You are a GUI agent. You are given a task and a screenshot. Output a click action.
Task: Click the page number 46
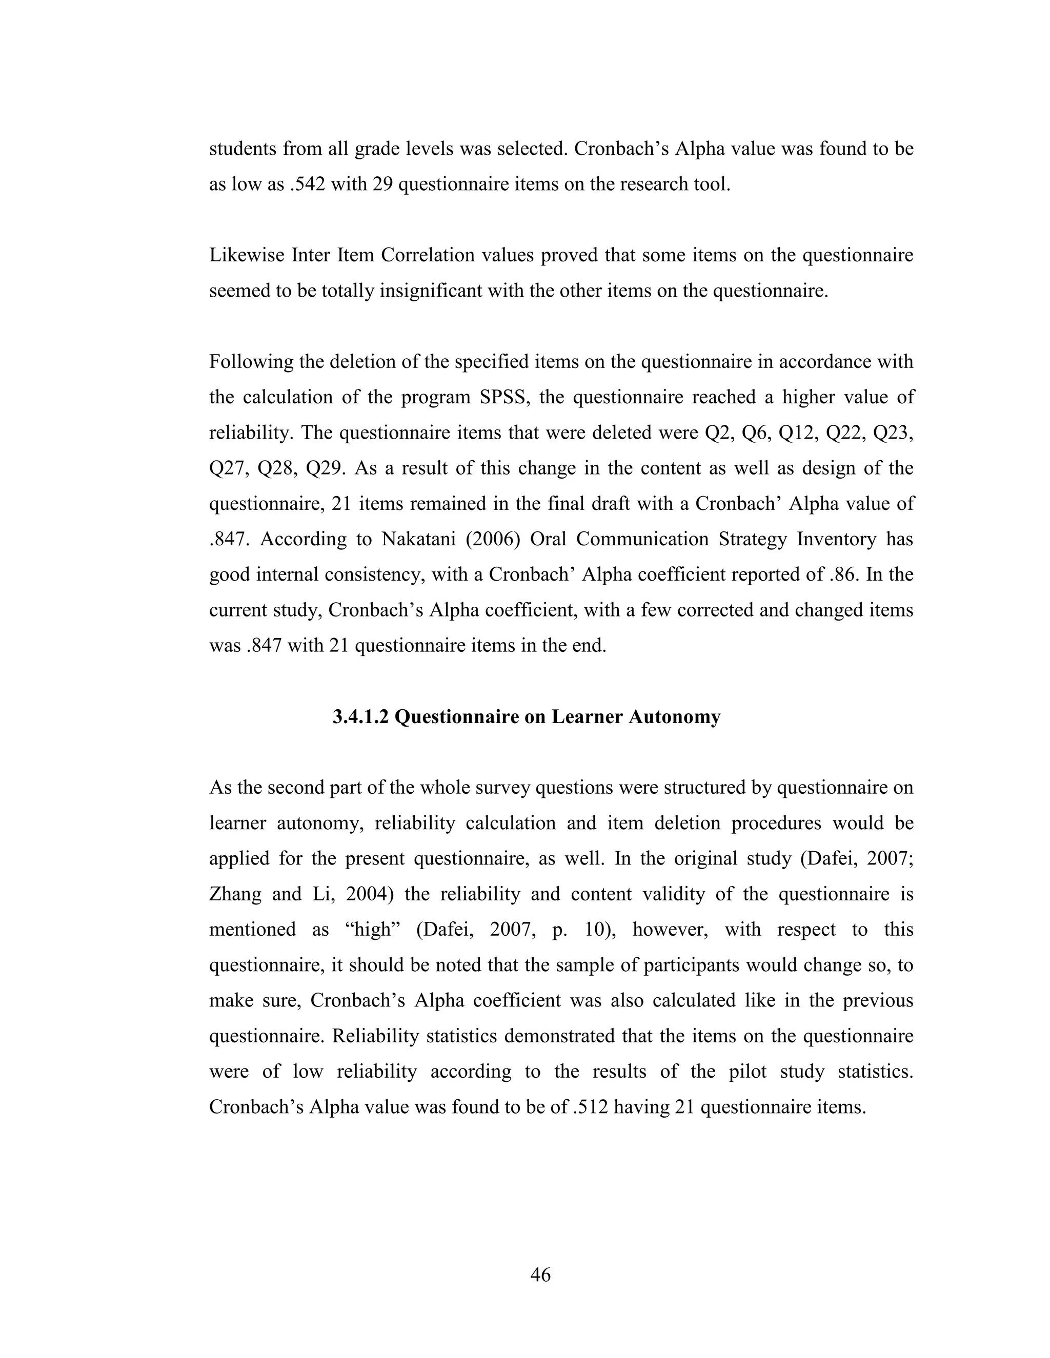[x=540, y=1274]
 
